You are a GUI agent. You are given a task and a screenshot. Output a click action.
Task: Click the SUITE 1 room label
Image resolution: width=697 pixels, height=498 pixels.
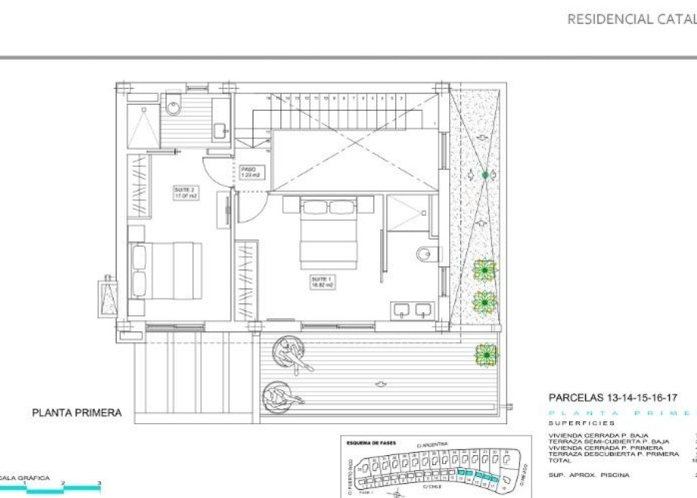point(321,281)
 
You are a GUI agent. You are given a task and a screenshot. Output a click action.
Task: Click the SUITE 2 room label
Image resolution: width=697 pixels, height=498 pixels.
point(184,193)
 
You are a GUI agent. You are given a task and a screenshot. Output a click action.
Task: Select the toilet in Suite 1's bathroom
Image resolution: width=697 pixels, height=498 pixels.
point(424,254)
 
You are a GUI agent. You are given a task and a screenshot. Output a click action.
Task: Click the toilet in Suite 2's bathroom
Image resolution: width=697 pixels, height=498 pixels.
point(173,107)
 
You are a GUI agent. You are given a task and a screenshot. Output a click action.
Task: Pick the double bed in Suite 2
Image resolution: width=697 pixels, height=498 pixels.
point(166,270)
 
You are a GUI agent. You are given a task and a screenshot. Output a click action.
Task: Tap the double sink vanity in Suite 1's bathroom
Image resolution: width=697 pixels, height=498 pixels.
point(413,310)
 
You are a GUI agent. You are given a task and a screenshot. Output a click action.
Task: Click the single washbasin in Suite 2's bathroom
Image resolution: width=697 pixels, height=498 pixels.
point(220,129)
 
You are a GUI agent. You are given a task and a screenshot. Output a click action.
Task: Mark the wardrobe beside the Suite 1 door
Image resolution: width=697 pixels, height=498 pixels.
point(246,280)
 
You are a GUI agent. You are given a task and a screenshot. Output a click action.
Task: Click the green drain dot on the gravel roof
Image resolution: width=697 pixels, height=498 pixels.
point(485,176)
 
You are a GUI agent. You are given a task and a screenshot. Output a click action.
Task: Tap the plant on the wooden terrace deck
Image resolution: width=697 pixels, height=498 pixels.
point(486,354)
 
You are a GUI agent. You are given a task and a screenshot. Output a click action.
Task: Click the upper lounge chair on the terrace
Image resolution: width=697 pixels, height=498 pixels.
point(292,353)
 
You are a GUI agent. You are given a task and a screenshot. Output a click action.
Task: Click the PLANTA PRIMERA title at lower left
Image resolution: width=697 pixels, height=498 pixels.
point(77,412)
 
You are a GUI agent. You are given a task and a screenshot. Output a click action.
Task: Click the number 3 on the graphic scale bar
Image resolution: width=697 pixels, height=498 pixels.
point(99,483)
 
